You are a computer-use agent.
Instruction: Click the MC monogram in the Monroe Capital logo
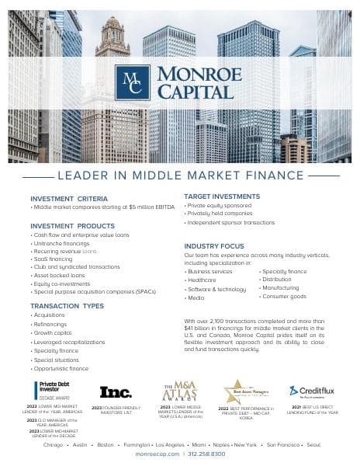132,83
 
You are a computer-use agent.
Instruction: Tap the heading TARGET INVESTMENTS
221,196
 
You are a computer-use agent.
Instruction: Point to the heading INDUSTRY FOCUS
213,245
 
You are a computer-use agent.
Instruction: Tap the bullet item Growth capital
53,333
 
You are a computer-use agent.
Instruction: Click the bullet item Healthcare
202,280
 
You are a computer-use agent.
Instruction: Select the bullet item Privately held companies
220,213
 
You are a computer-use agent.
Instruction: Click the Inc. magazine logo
116,392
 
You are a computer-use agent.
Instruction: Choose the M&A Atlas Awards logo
179,391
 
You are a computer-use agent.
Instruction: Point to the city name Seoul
313,445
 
